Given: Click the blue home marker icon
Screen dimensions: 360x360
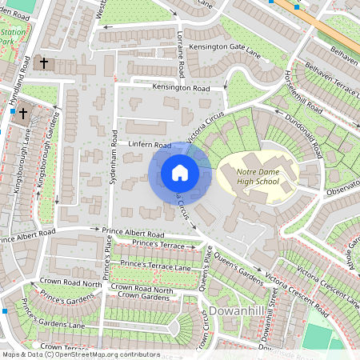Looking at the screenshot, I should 180,173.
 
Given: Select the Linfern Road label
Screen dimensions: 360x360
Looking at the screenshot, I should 150,146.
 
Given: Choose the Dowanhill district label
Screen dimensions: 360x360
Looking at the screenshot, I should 236,311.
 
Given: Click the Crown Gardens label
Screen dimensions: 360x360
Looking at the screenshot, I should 143,297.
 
